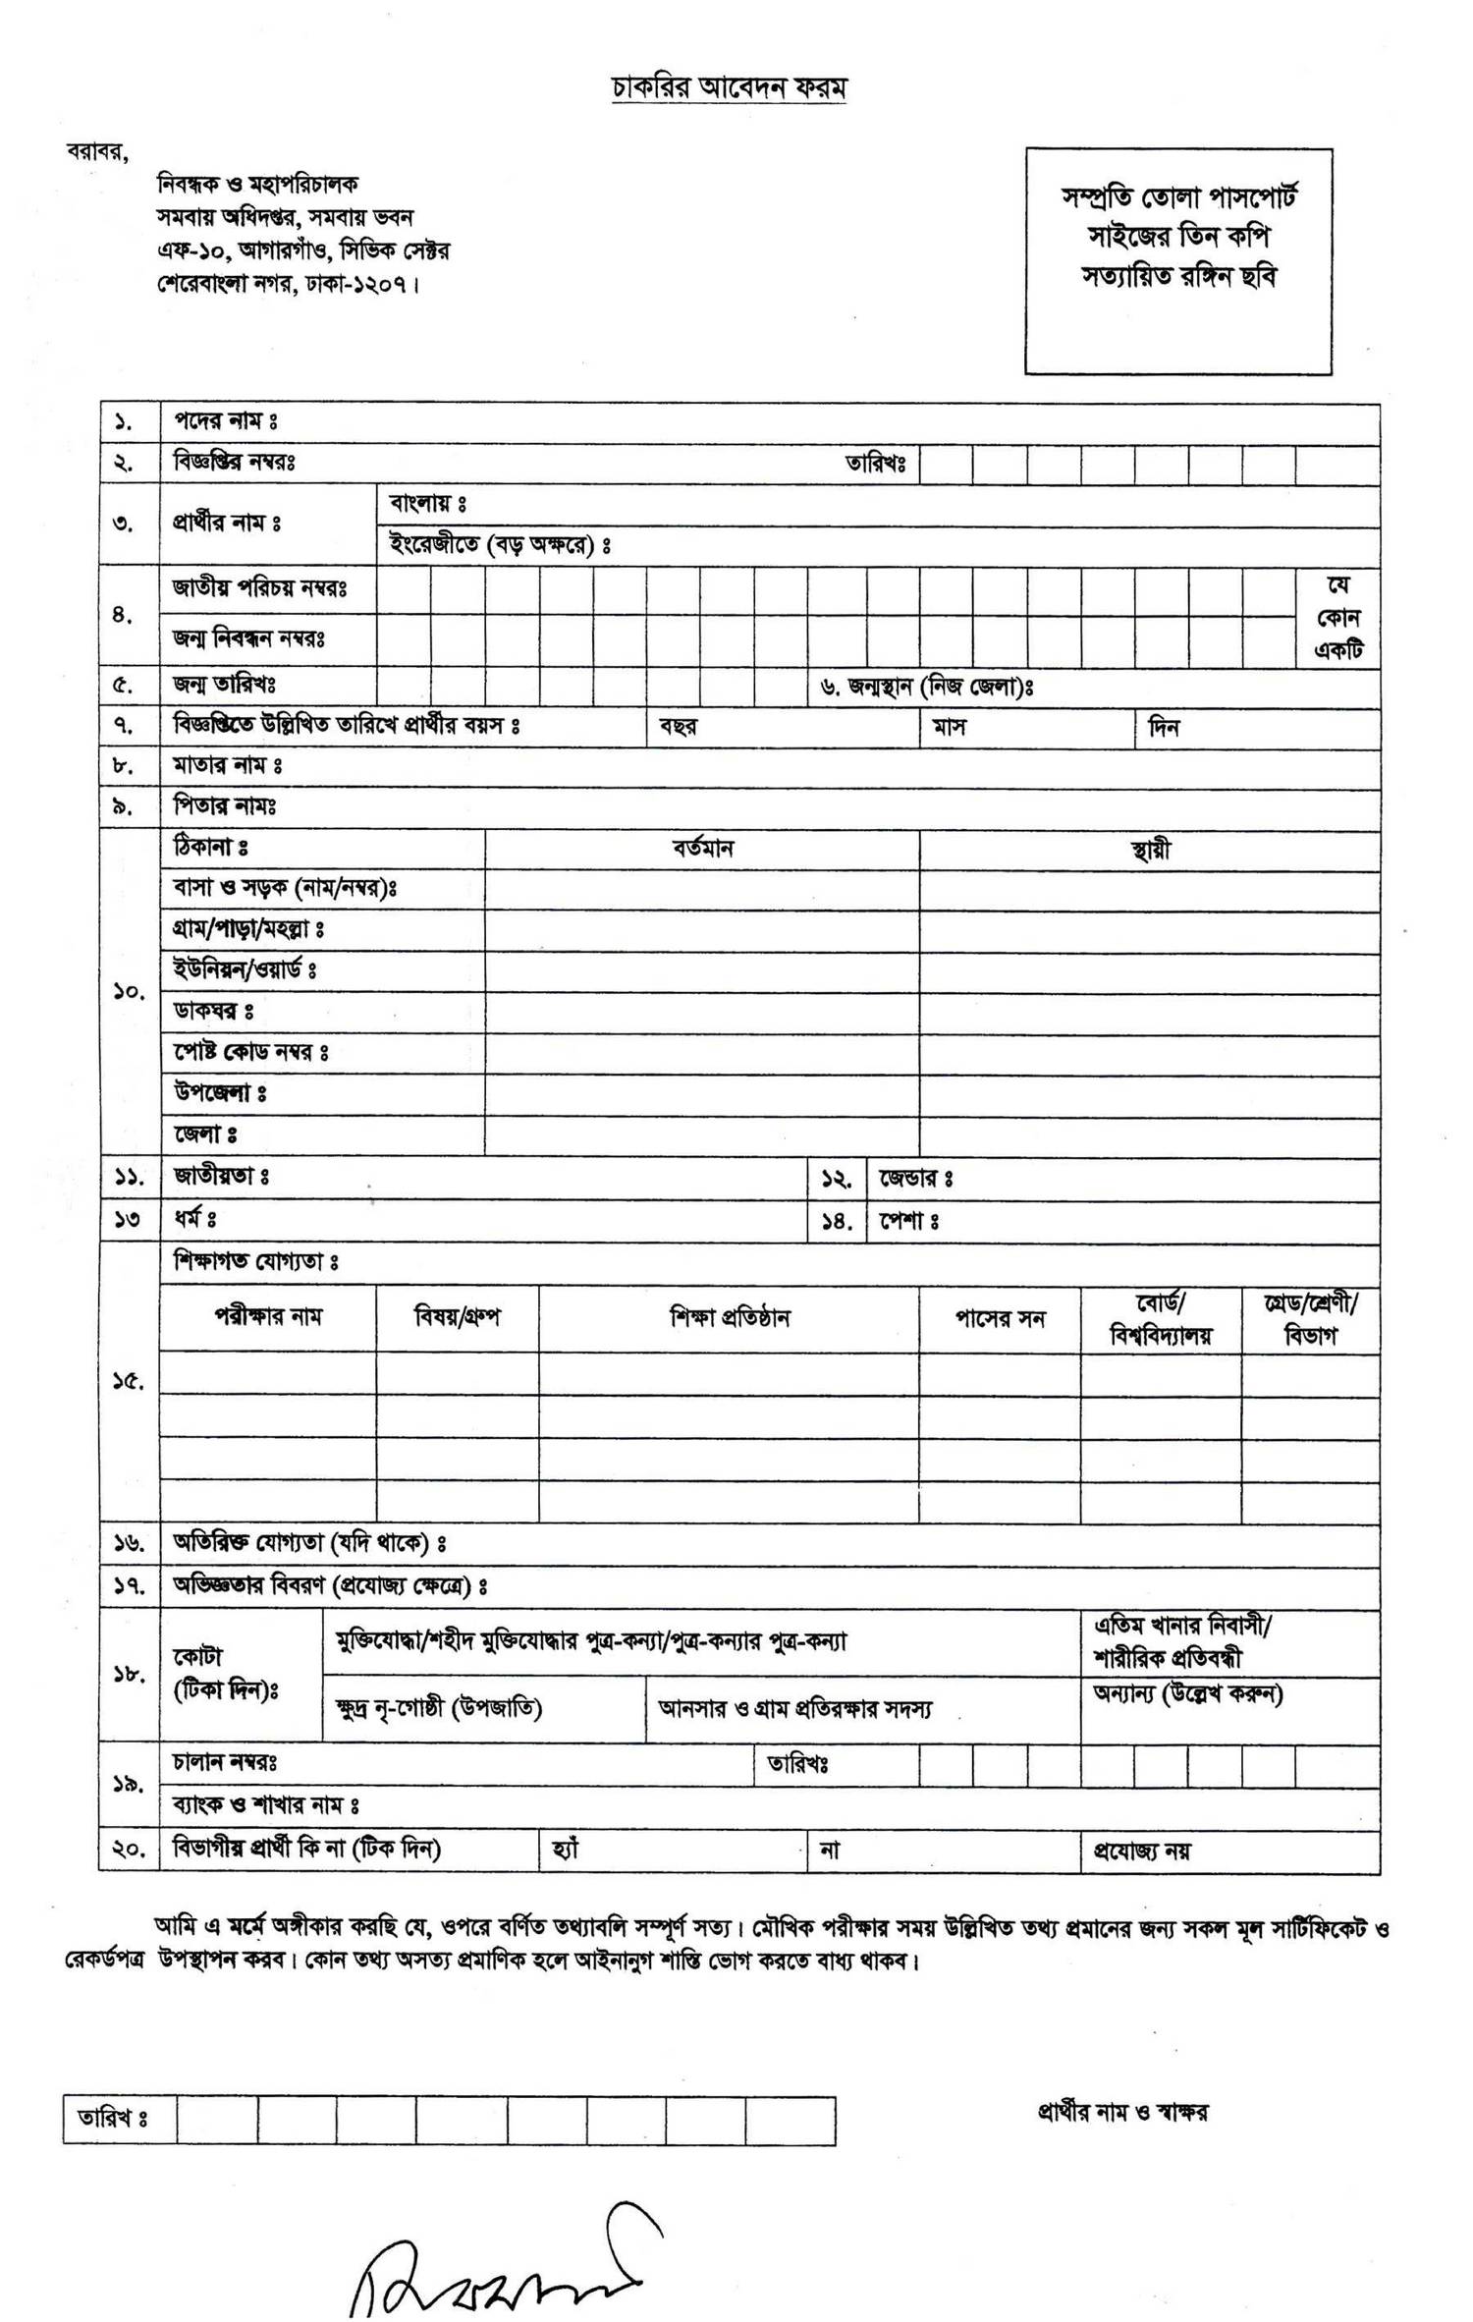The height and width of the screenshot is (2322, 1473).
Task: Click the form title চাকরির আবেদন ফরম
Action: tap(729, 87)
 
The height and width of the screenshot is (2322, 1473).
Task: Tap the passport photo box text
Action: tap(1178, 237)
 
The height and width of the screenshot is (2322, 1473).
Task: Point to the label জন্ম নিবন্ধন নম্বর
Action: tap(248, 638)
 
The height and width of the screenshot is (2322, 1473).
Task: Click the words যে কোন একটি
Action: tap(1337, 618)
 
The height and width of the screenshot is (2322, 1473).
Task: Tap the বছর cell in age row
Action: tap(679, 728)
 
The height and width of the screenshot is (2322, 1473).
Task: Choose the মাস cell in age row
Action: tap(950, 728)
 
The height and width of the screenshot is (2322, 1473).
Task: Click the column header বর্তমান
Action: tap(702, 849)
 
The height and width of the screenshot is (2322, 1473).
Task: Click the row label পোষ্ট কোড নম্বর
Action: tap(250, 1052)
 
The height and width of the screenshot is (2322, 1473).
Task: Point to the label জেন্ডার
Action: tap(915, 1177)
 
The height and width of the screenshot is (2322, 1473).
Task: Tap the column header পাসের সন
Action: tap(1000, 1318)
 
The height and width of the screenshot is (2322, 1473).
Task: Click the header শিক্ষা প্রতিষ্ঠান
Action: tap(729, 1317)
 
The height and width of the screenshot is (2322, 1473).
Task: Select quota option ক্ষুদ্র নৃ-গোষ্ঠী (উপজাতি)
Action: tap(438, 1708)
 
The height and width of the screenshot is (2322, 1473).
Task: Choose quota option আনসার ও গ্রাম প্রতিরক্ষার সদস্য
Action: tap(794, 1709)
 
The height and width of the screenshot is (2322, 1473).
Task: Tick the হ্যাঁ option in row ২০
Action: tap(567, 1850)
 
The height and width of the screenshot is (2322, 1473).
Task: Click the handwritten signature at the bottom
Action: tap(501, 2264)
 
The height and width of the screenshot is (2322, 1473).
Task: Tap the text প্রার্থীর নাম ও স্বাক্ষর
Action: tap(1122, 2111)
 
